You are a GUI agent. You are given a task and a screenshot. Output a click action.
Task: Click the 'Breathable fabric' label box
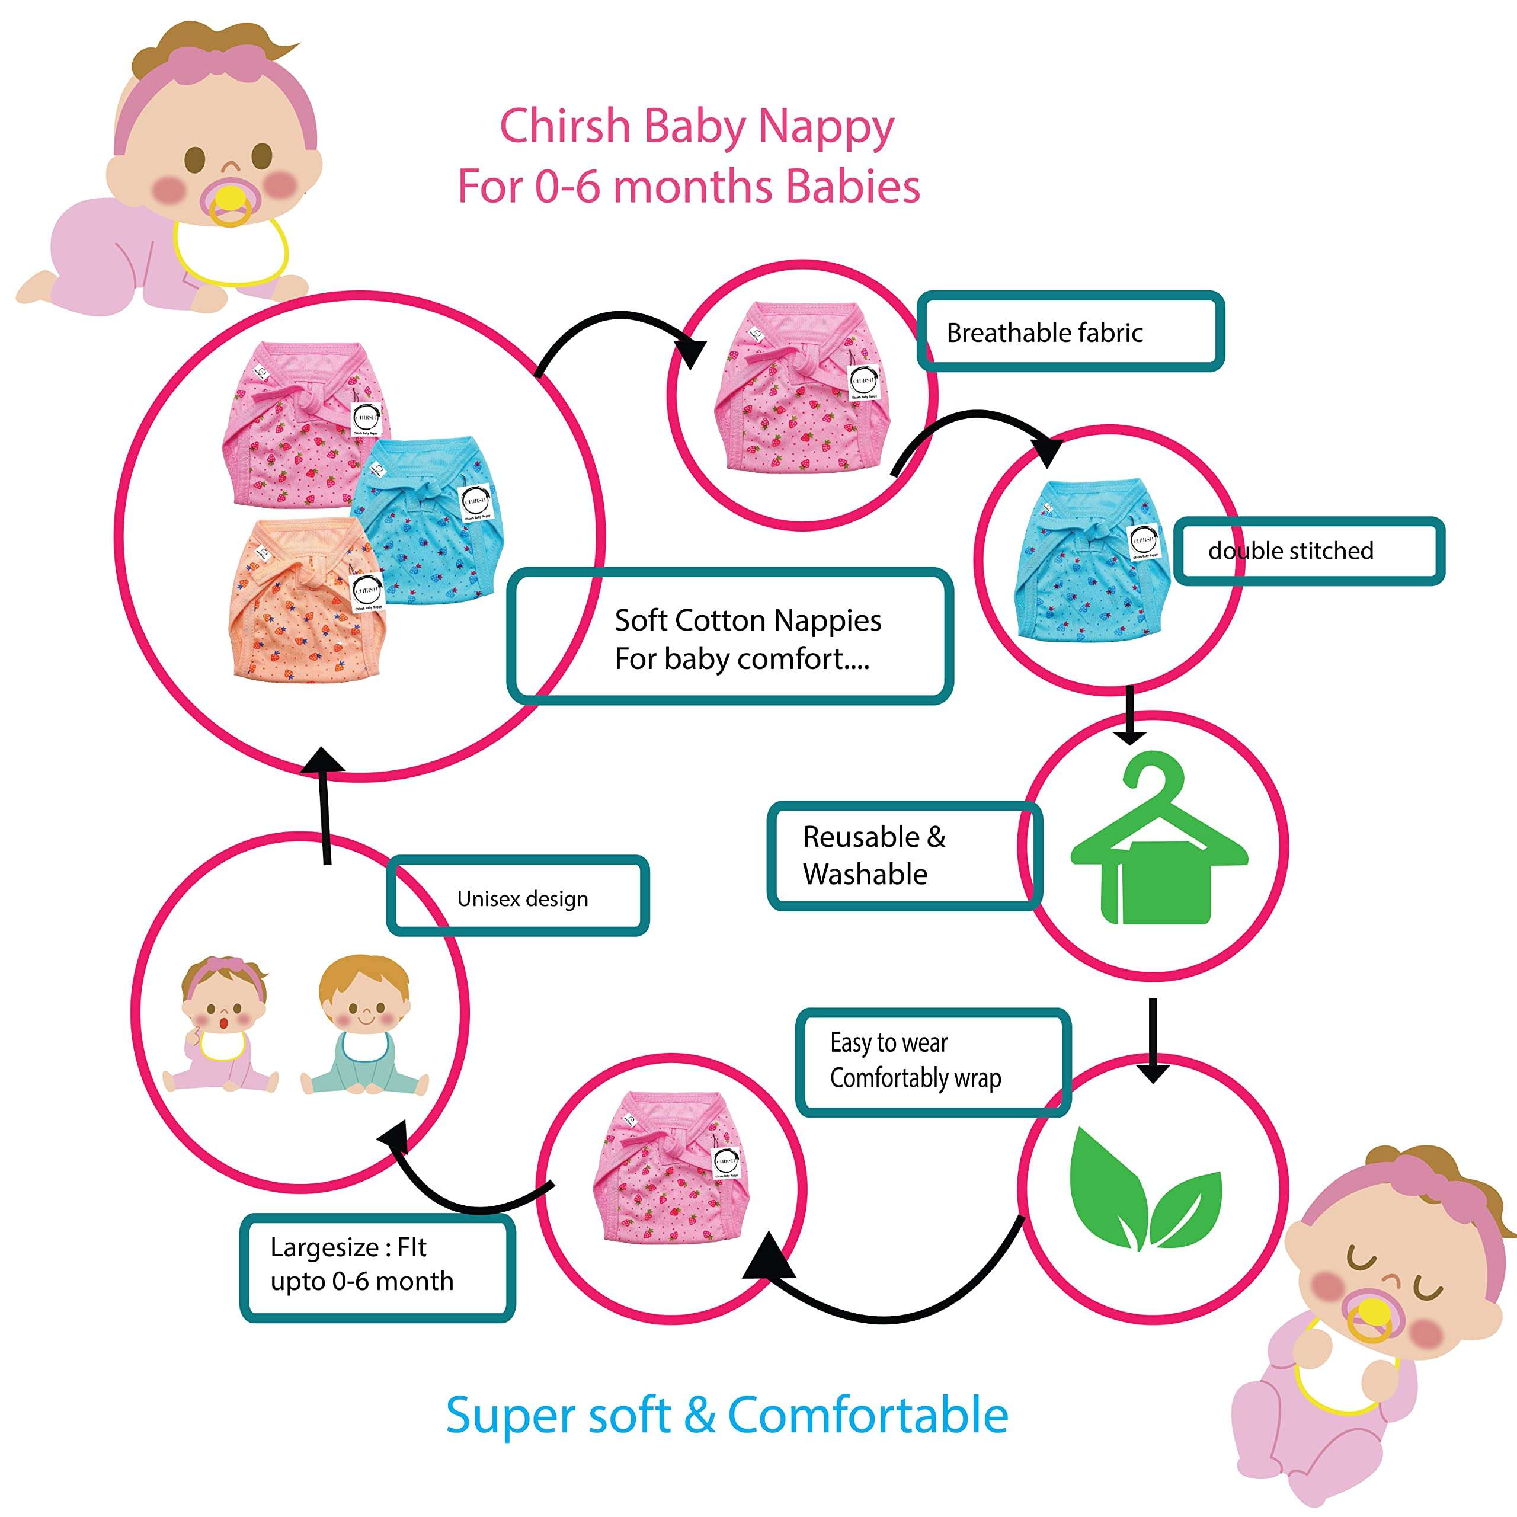1070,331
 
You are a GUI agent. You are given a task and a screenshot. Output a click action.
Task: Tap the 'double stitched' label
1308,551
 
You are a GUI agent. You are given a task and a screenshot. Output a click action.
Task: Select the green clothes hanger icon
1158,841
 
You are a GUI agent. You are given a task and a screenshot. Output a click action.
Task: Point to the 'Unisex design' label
519,898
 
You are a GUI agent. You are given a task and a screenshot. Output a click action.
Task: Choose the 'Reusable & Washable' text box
903,856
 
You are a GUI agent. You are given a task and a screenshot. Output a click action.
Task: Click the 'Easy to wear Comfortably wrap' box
933,1061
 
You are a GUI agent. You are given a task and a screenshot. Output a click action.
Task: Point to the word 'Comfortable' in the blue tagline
868,1416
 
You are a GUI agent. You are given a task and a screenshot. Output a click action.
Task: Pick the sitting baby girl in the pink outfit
222,1026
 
